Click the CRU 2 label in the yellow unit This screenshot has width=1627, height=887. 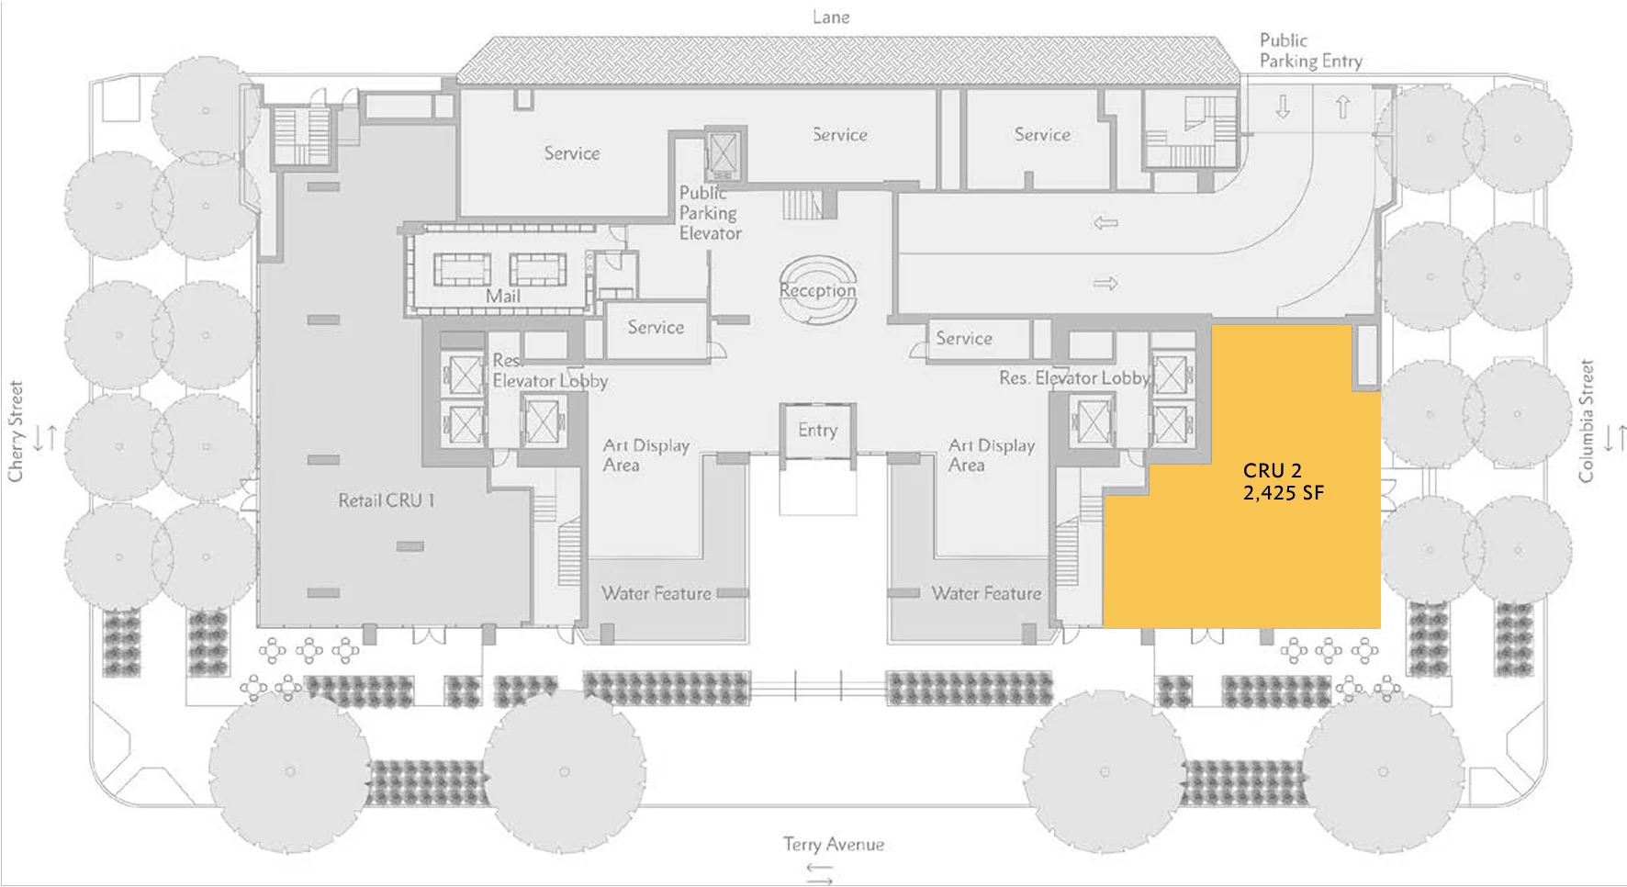pyautogui.click(x=1272, y=471)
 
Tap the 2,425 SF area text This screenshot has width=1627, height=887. pyautogui.click(x=1283, y=493)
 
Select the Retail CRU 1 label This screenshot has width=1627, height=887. pyautogui.click(x=386, y=500)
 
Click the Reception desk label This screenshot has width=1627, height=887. pyautogui.click(x=817, y=291)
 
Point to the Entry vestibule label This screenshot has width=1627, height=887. pyautogui.click(x=817, y=430)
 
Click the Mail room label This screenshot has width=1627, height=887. pyautogui.click(x=502, y=296)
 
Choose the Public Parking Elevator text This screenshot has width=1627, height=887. pyautogui.click(x=710, y=213)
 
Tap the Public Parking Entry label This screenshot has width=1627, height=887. pyautogui.click(x=1309, y=51)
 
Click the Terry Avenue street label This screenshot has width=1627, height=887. pyautogui.click(x=833, y=844)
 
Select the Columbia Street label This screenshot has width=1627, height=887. pyautogui.click(x=1586, y=421)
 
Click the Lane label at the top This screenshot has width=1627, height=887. pyautogui.click(x=831, y=17)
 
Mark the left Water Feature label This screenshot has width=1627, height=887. pyautogui.click(x=656, y=593)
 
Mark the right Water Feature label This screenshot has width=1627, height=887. pyautogui.click(x=986, y=593)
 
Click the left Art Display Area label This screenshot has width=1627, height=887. pyautogui.click(x=645, y=455)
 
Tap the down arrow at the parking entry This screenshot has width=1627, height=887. pyautogui.click(x=1283, y=107)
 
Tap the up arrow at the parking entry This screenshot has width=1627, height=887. pyautogui.click(x=1342, y=107)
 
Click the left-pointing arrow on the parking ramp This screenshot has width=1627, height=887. pyautogui.click(x=1105, y=222)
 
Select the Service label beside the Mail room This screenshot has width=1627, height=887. pyautogui.click(x=656, y=327)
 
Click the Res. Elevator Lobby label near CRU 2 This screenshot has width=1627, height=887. pyautogui.click(x=1074, y=377)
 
